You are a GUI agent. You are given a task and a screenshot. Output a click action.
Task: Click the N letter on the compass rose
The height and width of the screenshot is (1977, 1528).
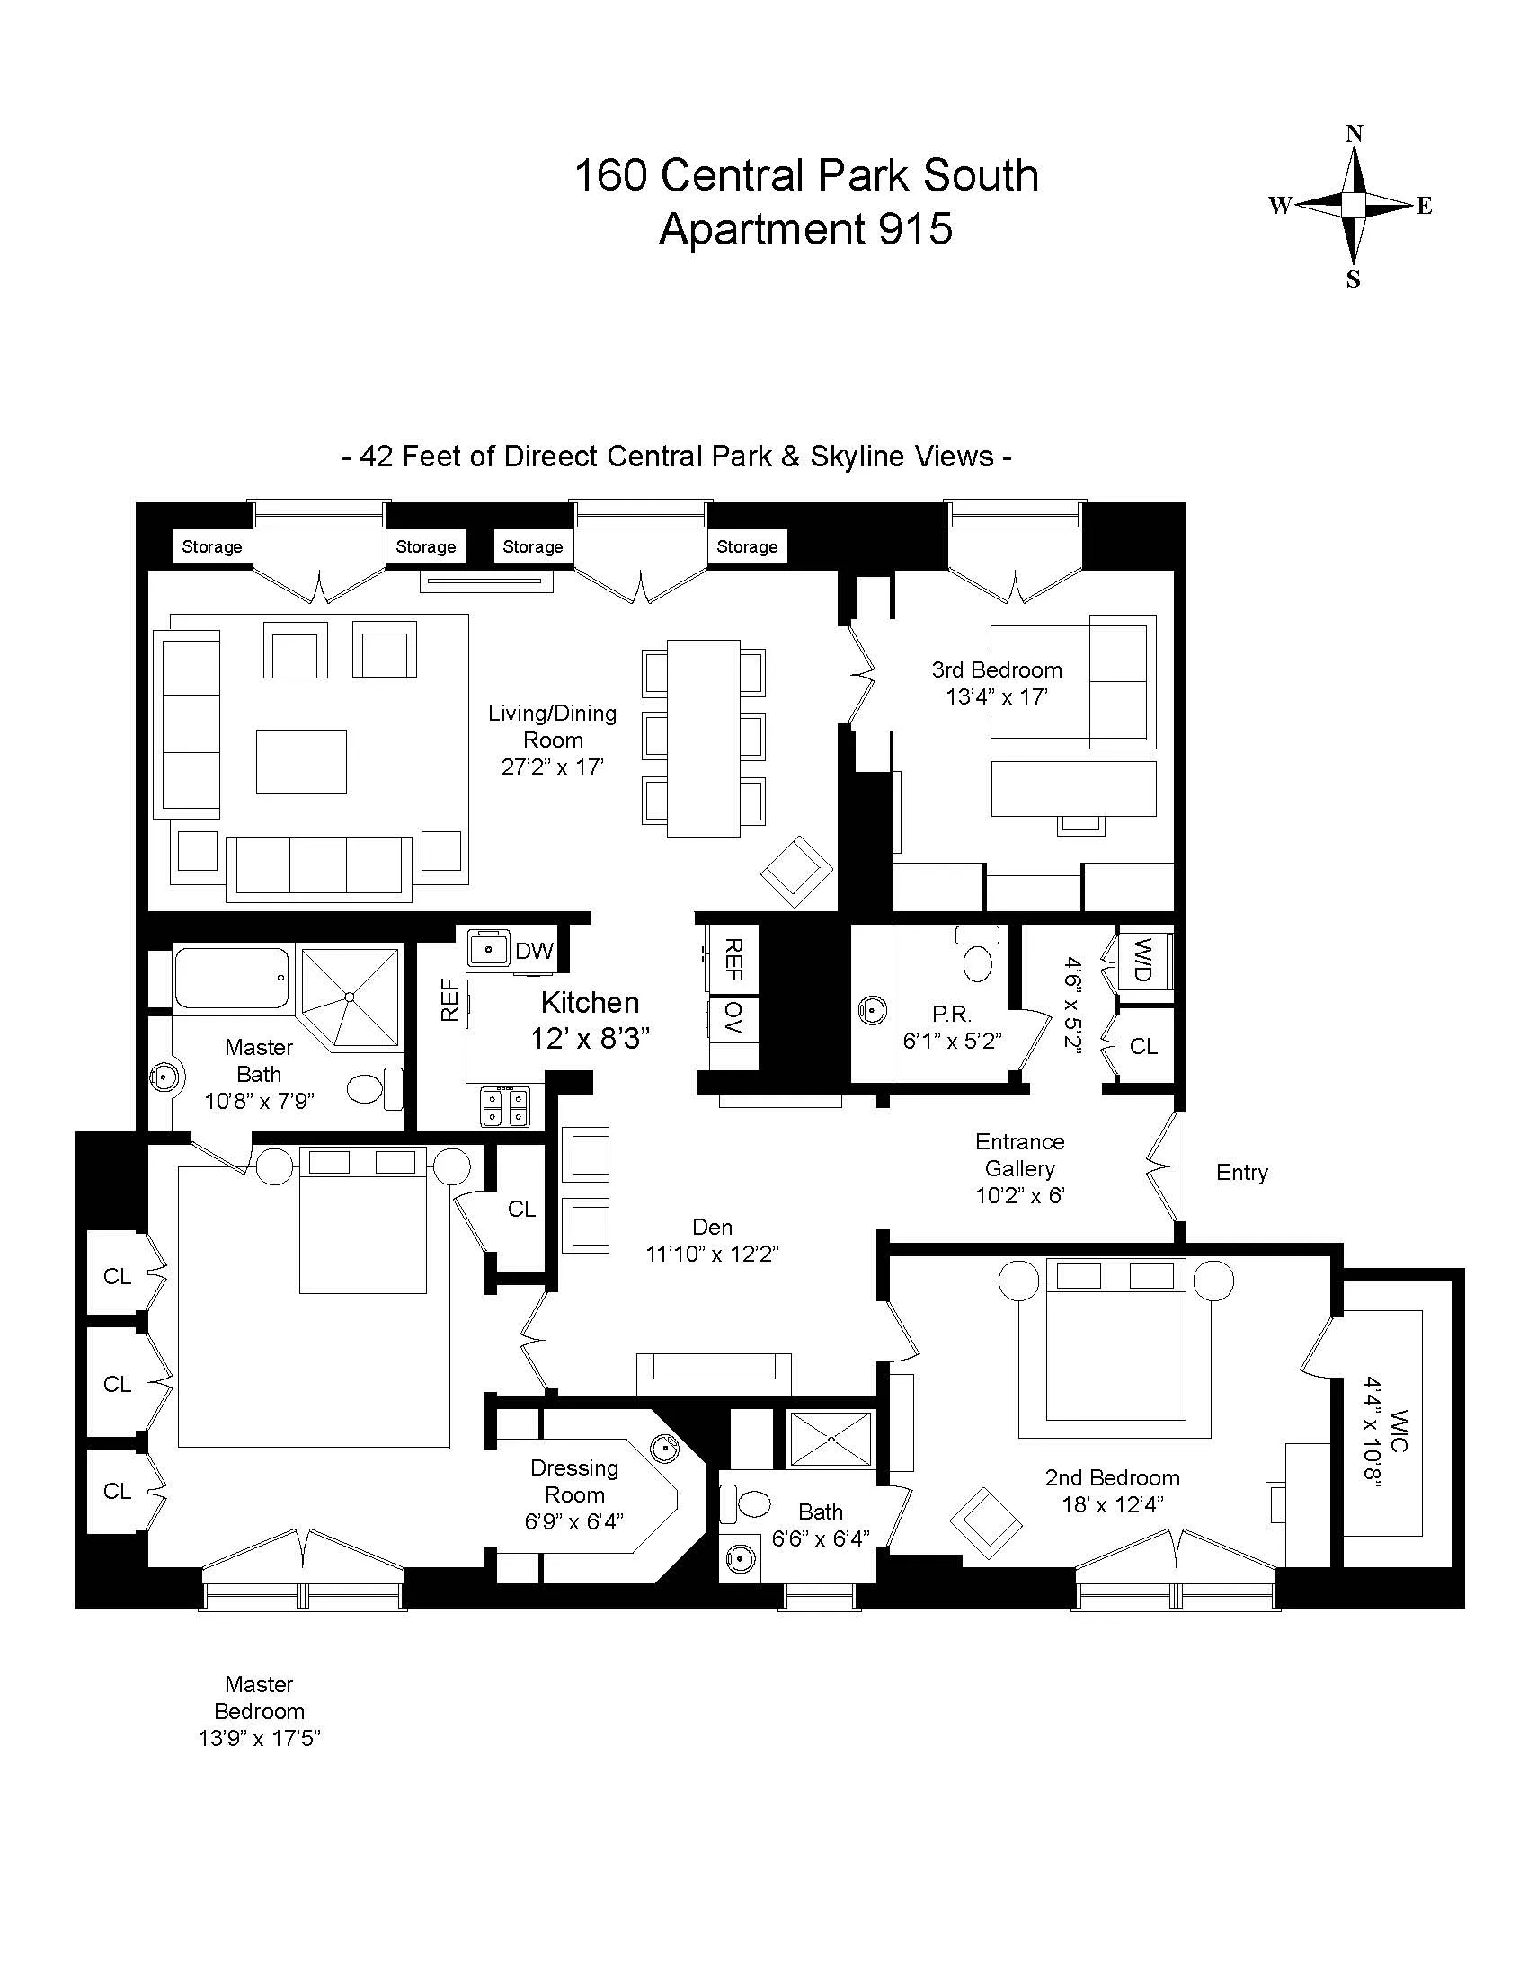[x=1355, y=134]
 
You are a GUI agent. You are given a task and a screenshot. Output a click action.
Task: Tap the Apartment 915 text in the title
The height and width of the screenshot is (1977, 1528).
[x=805, y=228]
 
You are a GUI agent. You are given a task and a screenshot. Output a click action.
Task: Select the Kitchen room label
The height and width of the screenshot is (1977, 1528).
[x=590, y=1002]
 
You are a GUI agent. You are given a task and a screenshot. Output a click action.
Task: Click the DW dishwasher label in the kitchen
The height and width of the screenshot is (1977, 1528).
[x=534, y=952]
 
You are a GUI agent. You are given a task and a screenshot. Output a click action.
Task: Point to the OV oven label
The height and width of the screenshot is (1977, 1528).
[x=733, y=1019]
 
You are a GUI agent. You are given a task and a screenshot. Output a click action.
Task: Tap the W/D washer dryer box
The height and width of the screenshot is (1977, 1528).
[x=1142, y=962]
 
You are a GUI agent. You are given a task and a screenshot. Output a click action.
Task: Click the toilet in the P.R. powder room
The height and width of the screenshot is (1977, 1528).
[x=978, y=957]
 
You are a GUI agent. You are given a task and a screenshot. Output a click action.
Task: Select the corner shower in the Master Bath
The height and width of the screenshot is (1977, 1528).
[x=350, y=996]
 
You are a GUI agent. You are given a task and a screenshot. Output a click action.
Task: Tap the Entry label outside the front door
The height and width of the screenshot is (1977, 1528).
[x=1241, y=1172]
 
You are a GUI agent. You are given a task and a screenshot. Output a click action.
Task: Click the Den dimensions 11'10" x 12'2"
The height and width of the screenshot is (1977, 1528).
[x=712, y=1254]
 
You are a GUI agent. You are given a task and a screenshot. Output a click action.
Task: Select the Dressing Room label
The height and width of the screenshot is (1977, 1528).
[x=574, y=1482]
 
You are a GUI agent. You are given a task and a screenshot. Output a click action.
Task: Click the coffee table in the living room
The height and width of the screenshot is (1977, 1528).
[x=300, y=761]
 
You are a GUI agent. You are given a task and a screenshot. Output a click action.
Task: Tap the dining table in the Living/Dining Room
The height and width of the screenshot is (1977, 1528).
[x=704, y=738]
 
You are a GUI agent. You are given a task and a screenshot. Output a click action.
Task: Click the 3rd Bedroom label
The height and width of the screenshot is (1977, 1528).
[x=997, y=669]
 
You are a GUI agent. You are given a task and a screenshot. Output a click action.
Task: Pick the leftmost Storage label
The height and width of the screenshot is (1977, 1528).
[x=212, y=546]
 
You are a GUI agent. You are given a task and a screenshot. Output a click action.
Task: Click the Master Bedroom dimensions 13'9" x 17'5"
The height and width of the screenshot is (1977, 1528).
[x=259, y=1738]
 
